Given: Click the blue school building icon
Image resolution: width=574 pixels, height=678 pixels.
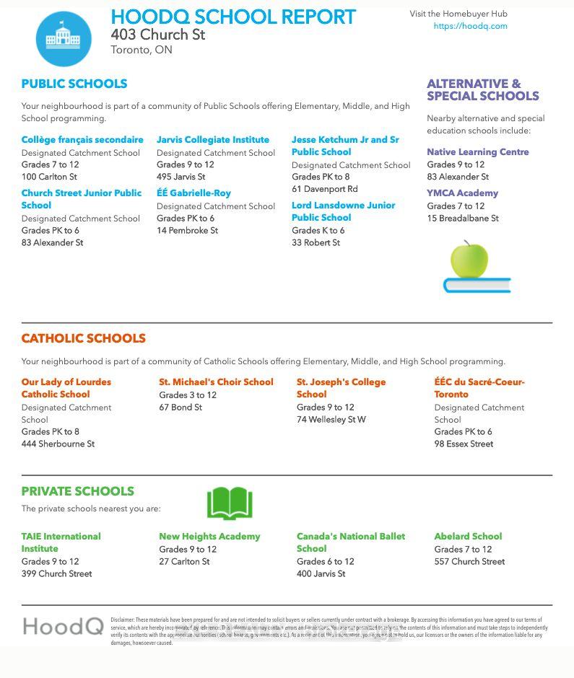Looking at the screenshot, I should (64, 38).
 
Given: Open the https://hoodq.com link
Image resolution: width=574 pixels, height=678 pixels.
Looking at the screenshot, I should (470, 26).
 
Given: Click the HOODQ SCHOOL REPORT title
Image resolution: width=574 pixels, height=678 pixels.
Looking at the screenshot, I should (233, 17).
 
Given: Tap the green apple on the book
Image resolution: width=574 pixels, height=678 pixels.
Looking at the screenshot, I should (469, 260).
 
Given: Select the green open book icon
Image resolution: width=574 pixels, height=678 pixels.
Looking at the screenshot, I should (230, 503).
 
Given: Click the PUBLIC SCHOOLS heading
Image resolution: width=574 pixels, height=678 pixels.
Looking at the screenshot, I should (74, 84).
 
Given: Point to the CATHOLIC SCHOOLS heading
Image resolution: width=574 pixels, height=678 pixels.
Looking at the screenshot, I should (83, 338).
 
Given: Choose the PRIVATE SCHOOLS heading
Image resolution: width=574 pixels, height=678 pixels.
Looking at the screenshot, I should (77, 491).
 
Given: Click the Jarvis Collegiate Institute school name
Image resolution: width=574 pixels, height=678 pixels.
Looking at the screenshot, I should (212, 140).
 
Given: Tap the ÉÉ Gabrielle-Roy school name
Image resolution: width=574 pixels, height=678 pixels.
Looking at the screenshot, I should (193, 193).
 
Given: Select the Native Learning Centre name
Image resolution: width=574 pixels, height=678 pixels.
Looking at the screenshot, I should (477, 152).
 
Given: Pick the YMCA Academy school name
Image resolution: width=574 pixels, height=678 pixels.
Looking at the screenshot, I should (462, 193).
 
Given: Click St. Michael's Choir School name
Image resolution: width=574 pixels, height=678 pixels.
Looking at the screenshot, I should (216, 382).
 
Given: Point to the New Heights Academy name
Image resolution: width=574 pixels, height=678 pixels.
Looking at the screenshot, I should (209, 537).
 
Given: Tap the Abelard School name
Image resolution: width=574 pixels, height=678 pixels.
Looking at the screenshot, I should (468, 537).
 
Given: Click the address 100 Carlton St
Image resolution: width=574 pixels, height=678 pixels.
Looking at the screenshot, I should (49, 177).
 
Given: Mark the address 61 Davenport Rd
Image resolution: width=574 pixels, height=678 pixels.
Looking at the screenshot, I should (324, 189).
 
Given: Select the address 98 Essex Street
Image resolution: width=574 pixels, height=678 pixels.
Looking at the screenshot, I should (464, 444).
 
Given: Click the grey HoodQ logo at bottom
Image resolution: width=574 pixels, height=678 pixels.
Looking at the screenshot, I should (63, 626).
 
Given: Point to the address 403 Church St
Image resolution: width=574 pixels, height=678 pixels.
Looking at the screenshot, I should (157, 35).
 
